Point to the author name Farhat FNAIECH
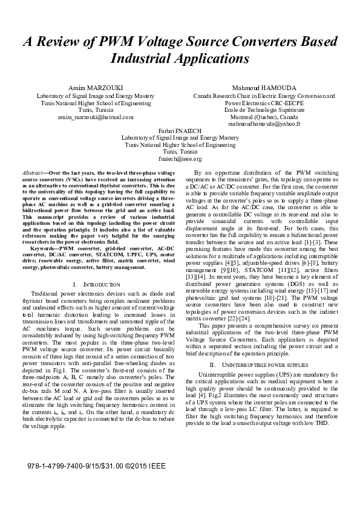[180, 130]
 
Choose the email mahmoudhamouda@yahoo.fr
[264, 123]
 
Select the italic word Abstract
[32, 173]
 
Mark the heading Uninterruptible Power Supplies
[266, 365]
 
